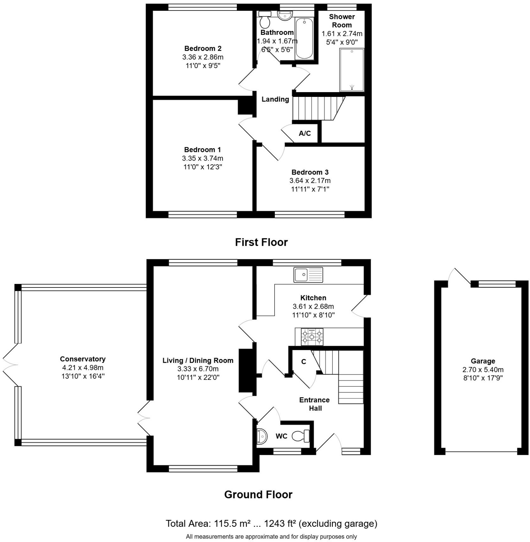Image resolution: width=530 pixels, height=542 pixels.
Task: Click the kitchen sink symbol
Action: click(308, 274)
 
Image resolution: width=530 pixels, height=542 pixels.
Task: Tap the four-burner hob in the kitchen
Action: click(312, 337)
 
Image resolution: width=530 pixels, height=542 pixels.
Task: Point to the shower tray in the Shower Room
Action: click(352, 70)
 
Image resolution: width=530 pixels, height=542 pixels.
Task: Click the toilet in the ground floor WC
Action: click(301, 436)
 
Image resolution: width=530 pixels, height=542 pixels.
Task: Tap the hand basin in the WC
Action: click(262, 436)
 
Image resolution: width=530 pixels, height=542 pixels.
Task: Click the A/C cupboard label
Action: click(305, 133)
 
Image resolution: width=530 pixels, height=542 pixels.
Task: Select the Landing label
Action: click(275, 99)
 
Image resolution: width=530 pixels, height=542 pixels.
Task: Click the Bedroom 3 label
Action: click(310, 172)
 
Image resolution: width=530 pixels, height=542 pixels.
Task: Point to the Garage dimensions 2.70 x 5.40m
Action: click(483, 369)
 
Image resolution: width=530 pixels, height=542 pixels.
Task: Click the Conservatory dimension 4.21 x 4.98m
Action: click(83, 368)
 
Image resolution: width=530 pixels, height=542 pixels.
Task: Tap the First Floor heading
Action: click(261, 242)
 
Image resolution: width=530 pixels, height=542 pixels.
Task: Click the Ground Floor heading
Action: click(258, 495)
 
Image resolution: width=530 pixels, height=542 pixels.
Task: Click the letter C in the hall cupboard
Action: click(303, 362)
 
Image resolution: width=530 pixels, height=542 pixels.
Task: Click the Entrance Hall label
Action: click(314, 404)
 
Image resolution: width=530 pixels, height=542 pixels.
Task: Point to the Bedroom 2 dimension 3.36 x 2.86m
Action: click(203, 57)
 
